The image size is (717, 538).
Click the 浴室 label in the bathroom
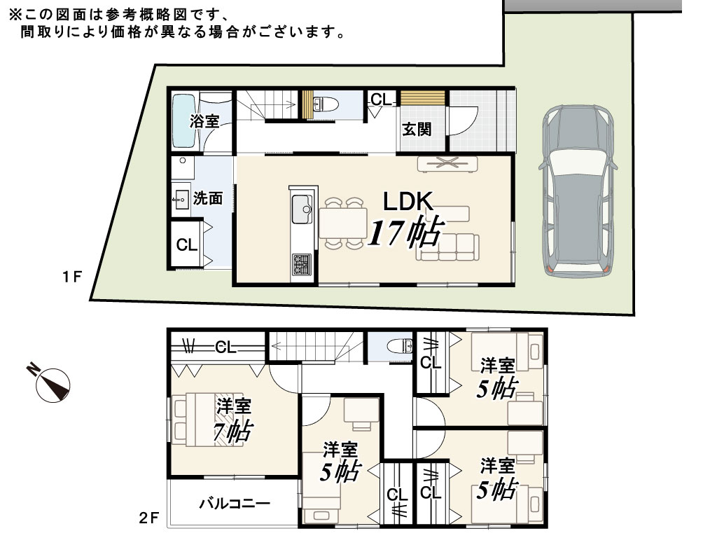(x=204, y=121)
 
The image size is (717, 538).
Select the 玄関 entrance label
(x=417, y=130)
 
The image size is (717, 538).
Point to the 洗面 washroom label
(x=208, y=198)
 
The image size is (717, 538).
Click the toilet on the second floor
(x=401, y=346)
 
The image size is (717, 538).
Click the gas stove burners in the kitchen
(x=301, y=264)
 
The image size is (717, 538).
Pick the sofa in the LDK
(x=447, y=247)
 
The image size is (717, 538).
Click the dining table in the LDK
(x=343, y=223)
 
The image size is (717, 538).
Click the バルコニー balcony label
(x=235, y=504)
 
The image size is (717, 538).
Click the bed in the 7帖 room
(x=208, y=419)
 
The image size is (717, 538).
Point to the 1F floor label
(x=72, y=277)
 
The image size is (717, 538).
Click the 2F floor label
(x=149, y=518)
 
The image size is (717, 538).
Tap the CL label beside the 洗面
(x=186, y=244)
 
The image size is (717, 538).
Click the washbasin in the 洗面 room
(x=181, y=200)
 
